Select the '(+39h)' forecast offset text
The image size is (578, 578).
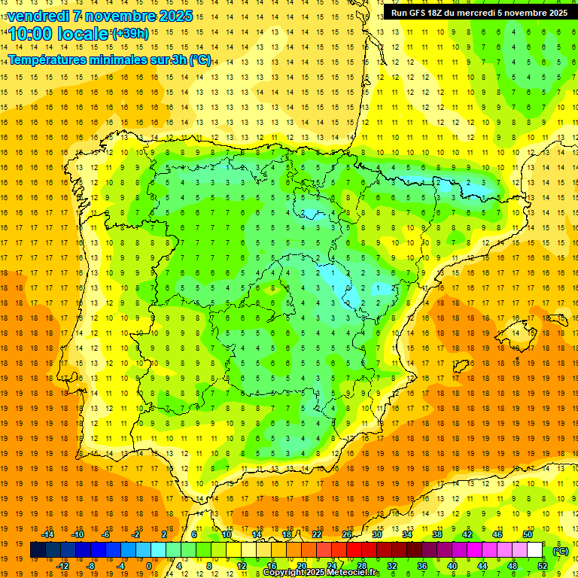(x=130, y=34)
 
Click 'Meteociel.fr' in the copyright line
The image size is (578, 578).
(x=352, y=573)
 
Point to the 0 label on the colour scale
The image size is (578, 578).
(x=148, y=565)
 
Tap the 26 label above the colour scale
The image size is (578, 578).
(x=347, y=534)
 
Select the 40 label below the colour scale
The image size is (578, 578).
(x=452, y=565)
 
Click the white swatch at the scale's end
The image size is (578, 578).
(x=535, y=550)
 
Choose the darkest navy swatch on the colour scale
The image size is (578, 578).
(x=38, y=550)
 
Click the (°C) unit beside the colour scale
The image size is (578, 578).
(x=561, y=551)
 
